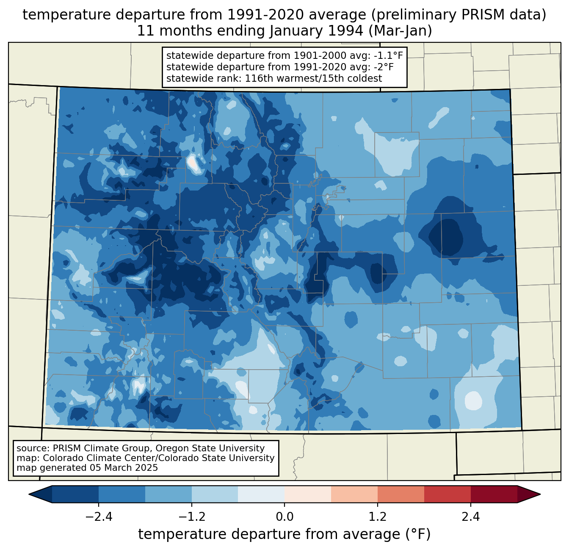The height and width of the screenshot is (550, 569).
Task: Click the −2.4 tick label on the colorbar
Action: (x=98, y=517)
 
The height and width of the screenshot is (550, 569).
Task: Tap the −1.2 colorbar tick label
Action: (x=191, y=517)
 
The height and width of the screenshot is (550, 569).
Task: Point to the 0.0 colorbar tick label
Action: (x=284, y=517)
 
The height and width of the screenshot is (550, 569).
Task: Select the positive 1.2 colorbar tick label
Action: (x=378, y=517)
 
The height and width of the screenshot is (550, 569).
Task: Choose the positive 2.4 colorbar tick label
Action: (x=470, y=517)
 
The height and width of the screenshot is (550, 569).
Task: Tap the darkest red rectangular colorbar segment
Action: (x=494, y=494)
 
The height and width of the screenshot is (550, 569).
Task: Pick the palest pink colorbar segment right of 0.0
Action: (x=308, y=494)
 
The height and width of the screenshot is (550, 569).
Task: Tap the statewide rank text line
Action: (x=274, y=78)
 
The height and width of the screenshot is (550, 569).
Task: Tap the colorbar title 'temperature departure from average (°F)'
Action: (x=284, y=534)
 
